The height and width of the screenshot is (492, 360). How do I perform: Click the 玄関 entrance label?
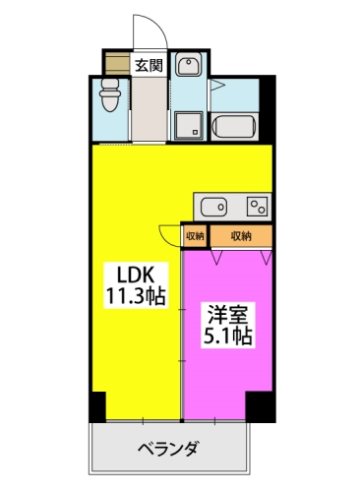pos(149,66)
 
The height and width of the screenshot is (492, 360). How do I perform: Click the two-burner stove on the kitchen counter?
pos(257,207)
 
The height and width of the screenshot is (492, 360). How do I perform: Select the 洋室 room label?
pos(228,315)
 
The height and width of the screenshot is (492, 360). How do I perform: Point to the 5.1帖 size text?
pos(228,337)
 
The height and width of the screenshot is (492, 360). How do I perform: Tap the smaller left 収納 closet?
pos(195,236)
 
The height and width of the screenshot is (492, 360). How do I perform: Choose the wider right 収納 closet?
pos(241,236)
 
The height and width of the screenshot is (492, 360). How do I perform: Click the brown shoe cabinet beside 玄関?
pos(118,64)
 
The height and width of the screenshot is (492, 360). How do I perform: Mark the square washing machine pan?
pos(190,126)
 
